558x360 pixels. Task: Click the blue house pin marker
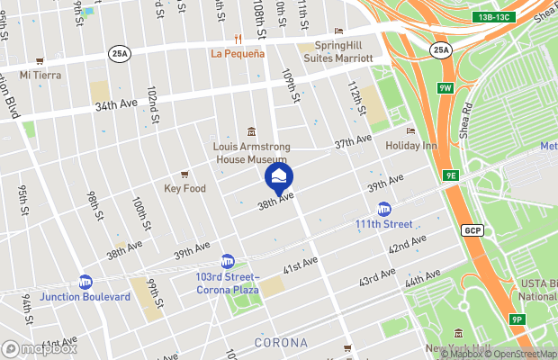pyautogui.click(x=278, y=175)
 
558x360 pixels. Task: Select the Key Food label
pyautogui.click(x=185, y=188)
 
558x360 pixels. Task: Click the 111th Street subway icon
pyautogui.click(x=384, y=208)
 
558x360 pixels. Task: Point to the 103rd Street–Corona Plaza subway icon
pyautogui.click(x=228, y=261)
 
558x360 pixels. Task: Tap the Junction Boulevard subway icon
pyautogui.click(x=85, y=281)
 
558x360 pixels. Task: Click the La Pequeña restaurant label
pyautogui.click(x=238, y=53)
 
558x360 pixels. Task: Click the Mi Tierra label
pyautogui.click(x=40, y=75)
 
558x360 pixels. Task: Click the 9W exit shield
pyautogui.click(x=445, y=88)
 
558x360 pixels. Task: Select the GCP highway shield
pyautogui.click(x=473, y=230)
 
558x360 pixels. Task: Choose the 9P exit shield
pyautogui.click(x=517, y=319)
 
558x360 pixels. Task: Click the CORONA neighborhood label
pyautogui.click(x=281, y=343)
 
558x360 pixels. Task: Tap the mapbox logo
pyautogui.click(x=40, y=348)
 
